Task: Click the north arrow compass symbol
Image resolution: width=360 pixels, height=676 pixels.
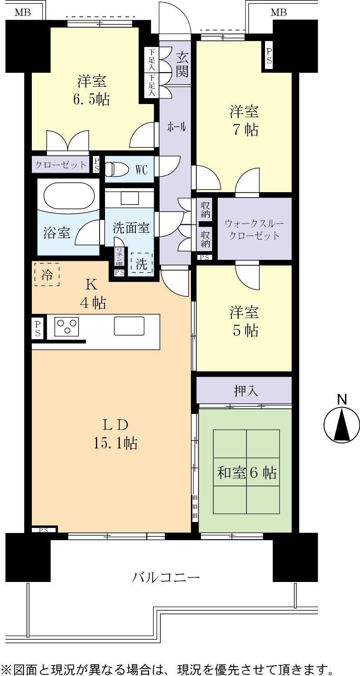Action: coord(342,425)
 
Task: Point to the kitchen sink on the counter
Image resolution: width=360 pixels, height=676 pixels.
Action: coord(129,326)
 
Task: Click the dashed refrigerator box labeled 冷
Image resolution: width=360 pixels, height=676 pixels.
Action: coord(47,274)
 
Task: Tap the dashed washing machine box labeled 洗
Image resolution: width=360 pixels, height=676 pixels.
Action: coord(141,264)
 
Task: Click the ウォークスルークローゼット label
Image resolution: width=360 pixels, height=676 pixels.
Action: coord(254,230)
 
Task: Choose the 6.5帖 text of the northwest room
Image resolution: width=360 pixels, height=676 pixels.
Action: coord(91,99)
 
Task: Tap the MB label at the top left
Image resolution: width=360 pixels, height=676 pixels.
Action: coord(22,13)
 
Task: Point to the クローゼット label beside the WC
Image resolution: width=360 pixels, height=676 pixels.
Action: coord(60,164)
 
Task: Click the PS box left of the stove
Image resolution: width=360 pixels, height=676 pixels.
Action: coord(38,328)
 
